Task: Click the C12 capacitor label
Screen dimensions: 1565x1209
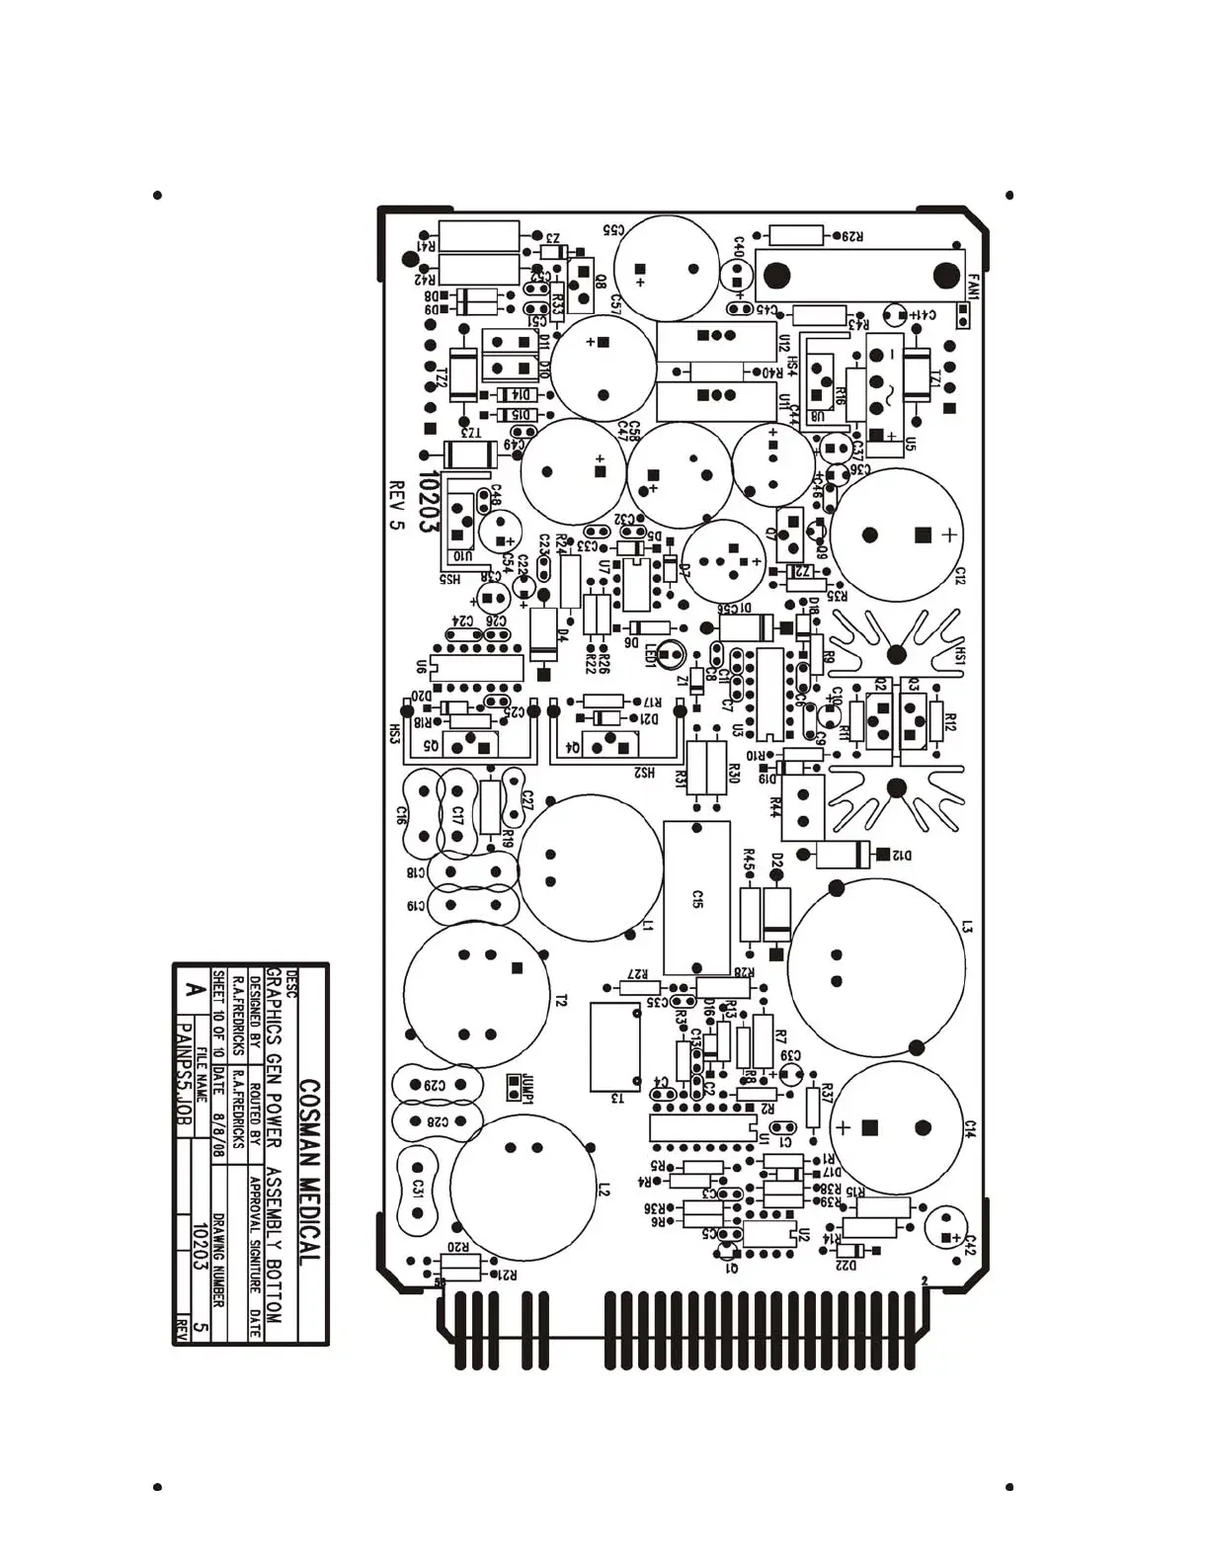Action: pos(960,575)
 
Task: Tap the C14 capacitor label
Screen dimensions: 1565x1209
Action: pos(970,1129)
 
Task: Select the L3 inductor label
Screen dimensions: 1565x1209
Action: pos(968,927)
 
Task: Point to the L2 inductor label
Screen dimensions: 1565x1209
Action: pos(604,1189)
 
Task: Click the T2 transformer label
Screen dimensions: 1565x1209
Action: pos(561,1001)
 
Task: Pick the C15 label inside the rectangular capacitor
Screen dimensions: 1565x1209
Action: pos(697,898)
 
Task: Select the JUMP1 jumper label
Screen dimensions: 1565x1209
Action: pos(528,1088)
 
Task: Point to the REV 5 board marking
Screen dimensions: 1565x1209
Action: pos(397,505)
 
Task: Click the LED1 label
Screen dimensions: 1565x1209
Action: pos(652,657)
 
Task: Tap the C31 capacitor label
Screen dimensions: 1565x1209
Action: pos(418,1188)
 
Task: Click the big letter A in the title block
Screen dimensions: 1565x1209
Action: pos(195,989)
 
